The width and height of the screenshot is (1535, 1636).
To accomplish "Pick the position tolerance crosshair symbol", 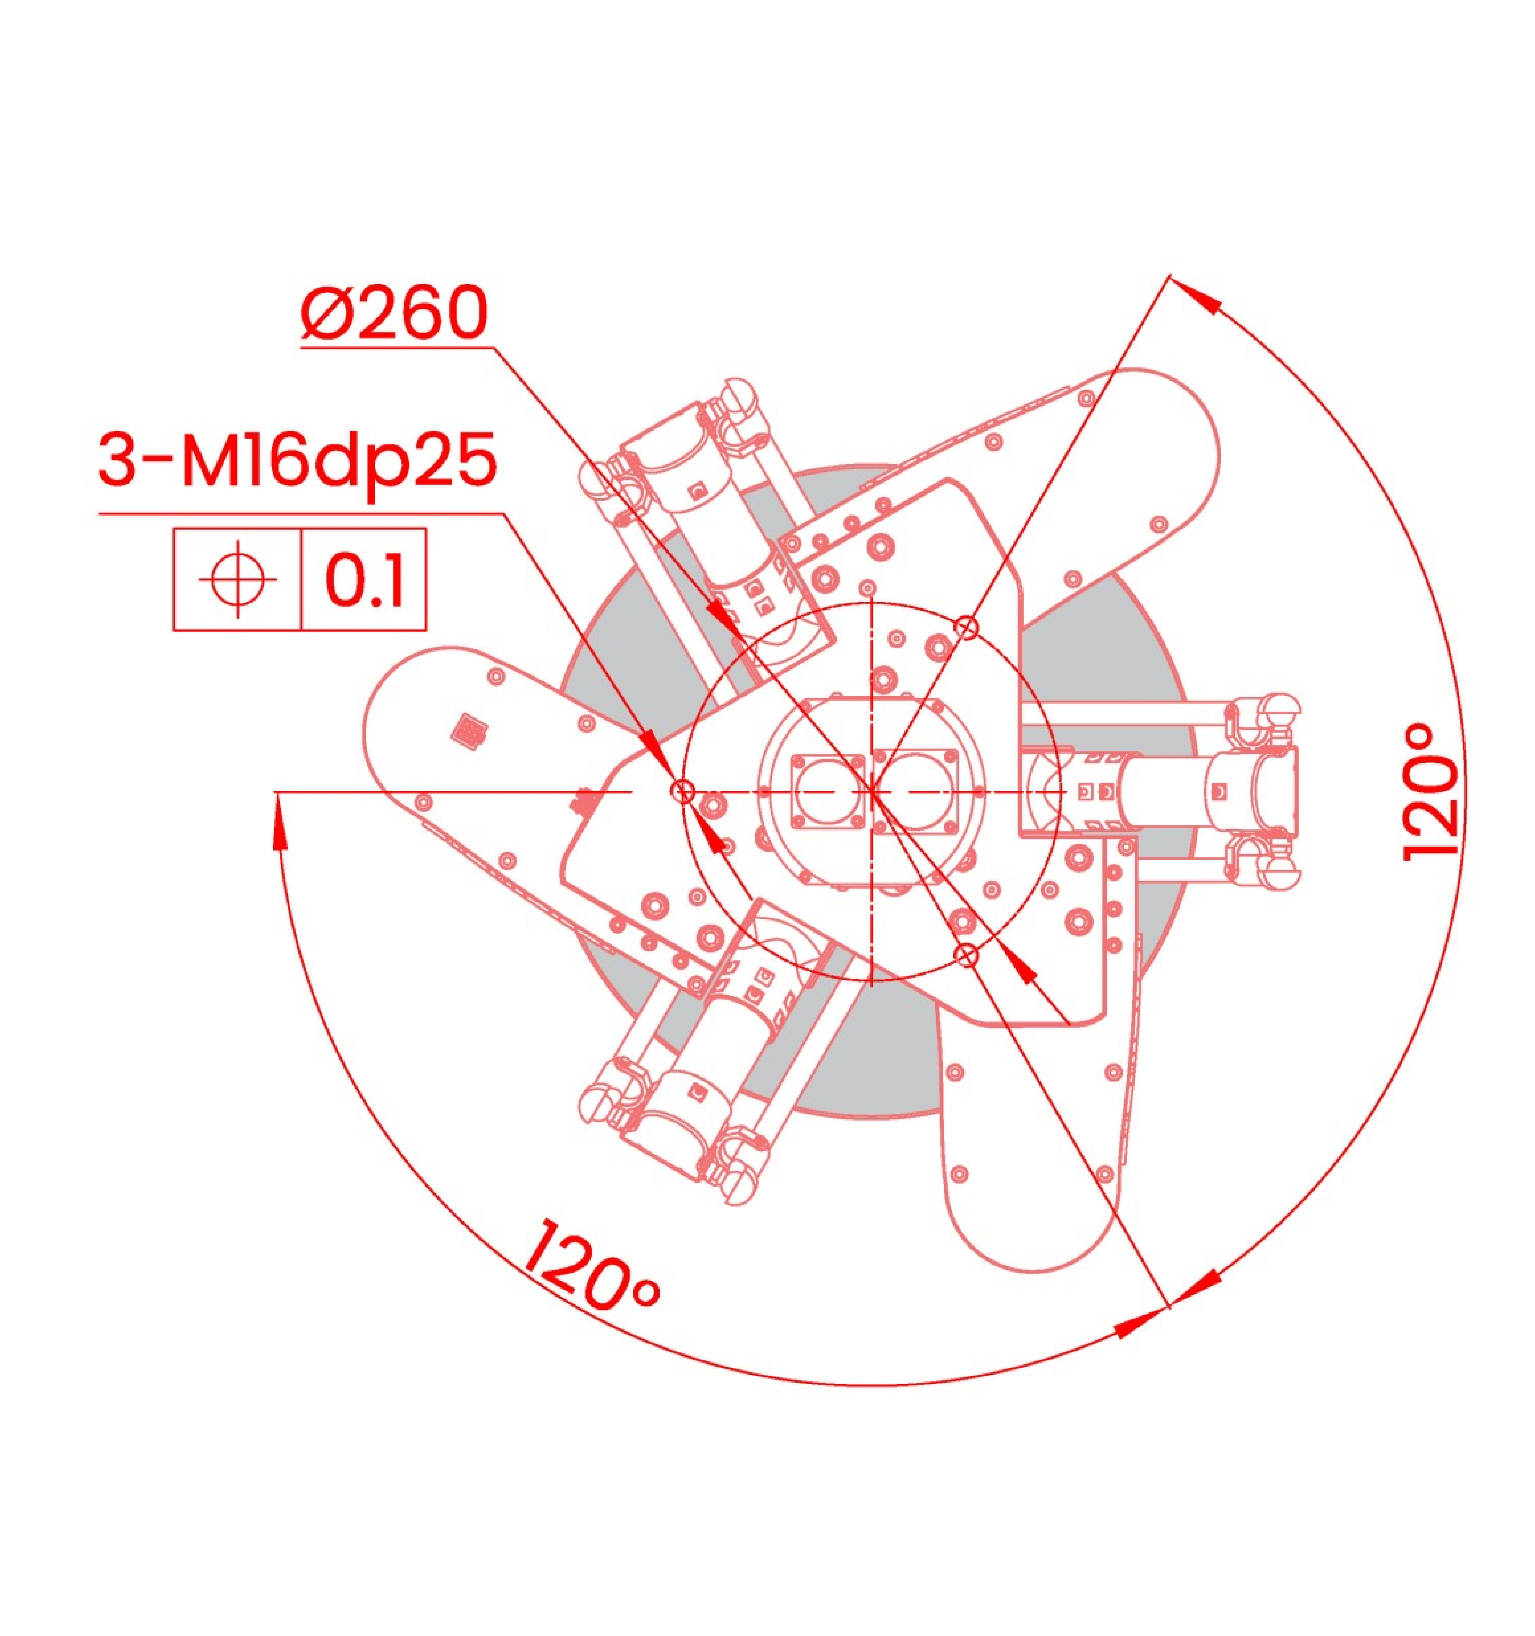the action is coord(238,579).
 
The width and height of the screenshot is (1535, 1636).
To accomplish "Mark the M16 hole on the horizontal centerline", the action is coord(682,792).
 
